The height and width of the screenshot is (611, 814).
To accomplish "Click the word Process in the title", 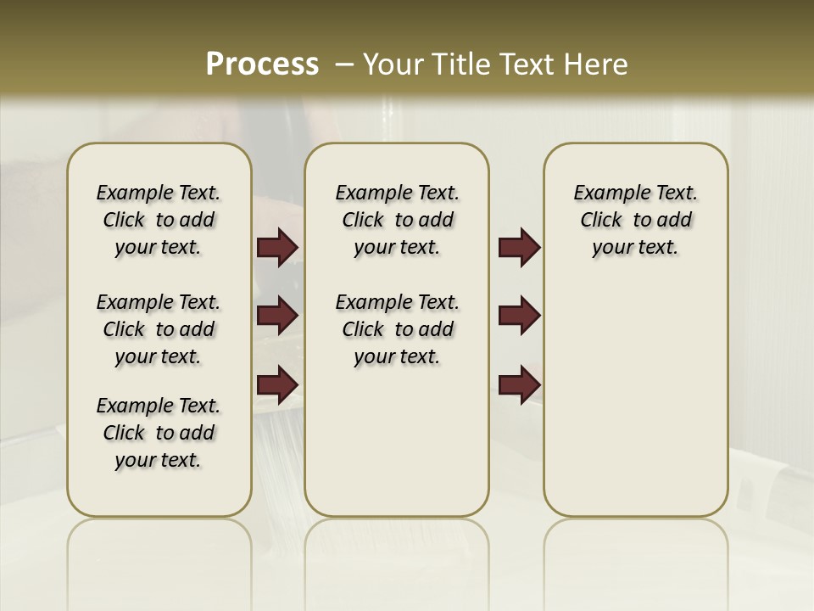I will (x=262, y=64).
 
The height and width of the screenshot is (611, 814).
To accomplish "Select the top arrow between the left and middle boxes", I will (x=277, y=247).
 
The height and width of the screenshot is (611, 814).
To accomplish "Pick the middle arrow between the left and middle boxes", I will (x=277, y=316).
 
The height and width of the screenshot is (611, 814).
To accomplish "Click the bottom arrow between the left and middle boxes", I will (x=277, y=384).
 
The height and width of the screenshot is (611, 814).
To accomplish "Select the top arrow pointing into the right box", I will (x=519, y=247).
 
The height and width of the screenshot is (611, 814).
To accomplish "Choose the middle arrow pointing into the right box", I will (x=519, y=316).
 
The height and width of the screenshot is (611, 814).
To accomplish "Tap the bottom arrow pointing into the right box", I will (x=519, y=384).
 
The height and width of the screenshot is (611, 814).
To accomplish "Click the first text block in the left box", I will (x=159, y=220).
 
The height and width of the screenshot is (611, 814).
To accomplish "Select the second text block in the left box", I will (x=159, y=329).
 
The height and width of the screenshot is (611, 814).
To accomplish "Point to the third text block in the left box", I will (x=159, y=433).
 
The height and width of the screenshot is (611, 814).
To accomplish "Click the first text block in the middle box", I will (x=397, y=220).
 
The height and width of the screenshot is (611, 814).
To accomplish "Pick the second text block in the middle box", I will (x=397, y=329).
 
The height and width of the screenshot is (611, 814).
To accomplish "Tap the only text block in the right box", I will (x=635, y=220).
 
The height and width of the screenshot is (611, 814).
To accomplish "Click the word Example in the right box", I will (x=606, y=193).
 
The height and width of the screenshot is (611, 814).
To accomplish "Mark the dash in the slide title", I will (x=344, y=64).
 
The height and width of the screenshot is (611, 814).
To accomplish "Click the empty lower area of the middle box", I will (x=397, y=441).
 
